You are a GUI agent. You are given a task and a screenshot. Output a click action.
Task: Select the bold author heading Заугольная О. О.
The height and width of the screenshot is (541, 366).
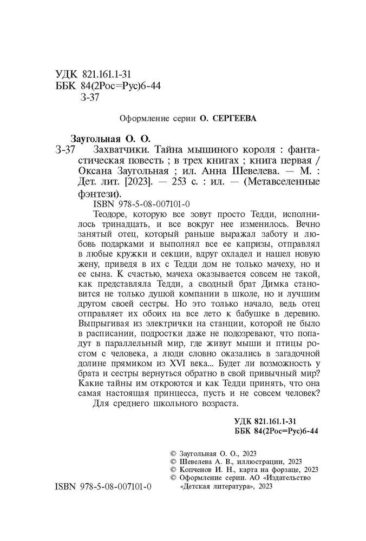click(110, 138)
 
